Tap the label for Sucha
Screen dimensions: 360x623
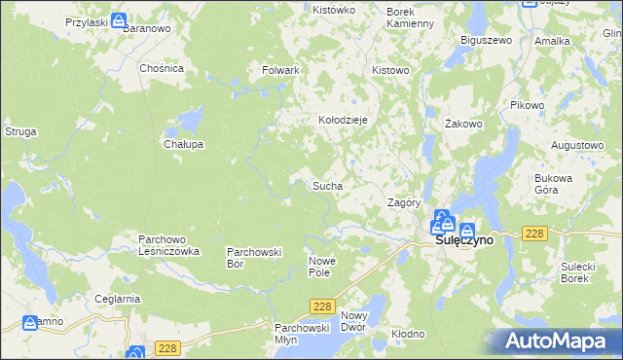click(326, 184)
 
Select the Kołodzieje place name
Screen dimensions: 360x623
click(343, 120)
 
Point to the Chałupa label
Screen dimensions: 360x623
click(183, 144)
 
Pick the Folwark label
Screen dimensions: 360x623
click(280, 71)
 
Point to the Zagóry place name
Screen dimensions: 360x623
click(403, 203)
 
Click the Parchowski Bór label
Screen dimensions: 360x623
click(254, 257)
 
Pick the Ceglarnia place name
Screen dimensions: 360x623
click(118, 299)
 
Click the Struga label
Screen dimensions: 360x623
click(20, 130)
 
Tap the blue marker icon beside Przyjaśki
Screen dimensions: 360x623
click(119, 20)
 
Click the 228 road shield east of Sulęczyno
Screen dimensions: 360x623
click(533, 234)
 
